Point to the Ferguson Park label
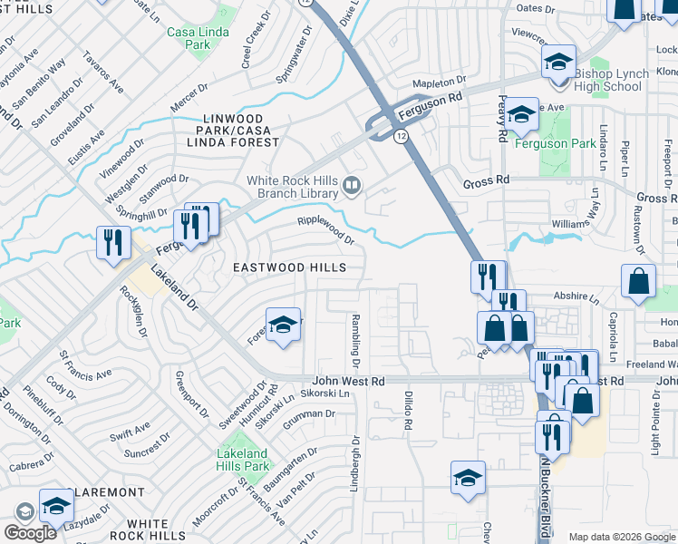pos(555,143)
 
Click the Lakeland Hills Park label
pos(242,460)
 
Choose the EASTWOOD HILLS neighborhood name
pos(289,267)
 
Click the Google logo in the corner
pos(30,532)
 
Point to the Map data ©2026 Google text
pos(622,537)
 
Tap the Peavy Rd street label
pos(501,118)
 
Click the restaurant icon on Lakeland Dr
pos(113,243)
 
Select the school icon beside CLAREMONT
pos(56,508)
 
